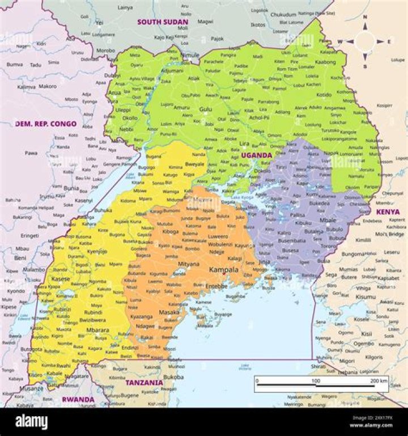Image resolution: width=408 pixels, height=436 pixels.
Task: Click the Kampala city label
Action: pyautogui.click(x=224, y=270)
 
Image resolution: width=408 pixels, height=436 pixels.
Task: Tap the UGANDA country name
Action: pyautogui.click(x=257, y=155)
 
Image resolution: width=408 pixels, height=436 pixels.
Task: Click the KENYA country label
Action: pyautogui.click(x=388, y=211)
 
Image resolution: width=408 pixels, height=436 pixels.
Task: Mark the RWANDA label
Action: pyautogui.click(x=78, y=399)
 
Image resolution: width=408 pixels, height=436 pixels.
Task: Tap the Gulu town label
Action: pyautogui.click(x=205, y=108)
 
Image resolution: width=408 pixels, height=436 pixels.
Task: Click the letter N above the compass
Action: pyautogui.click(x=364, y=17)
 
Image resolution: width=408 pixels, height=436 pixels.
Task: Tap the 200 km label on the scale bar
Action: pyautogui.click(x=379, y=381)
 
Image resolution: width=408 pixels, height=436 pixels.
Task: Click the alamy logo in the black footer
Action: pyautogui.click(x=32, y=421)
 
